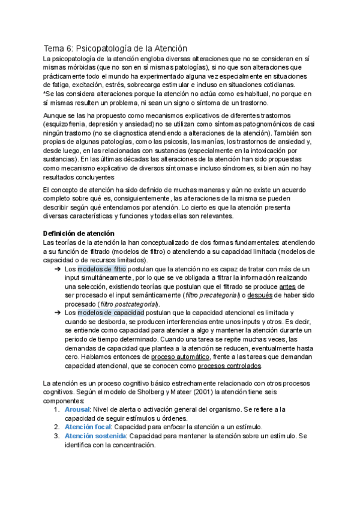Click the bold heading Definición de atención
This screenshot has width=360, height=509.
[x=80, y=233]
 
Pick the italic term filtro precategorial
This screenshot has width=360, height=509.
[x=213, y=295]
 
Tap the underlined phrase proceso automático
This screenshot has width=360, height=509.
[x=179, y=357]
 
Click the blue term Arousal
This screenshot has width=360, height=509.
[x=77, y=409]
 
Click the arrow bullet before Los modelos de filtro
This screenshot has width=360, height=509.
[x=57, y=270]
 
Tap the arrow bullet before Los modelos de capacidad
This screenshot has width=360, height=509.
[x=57, y=313]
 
